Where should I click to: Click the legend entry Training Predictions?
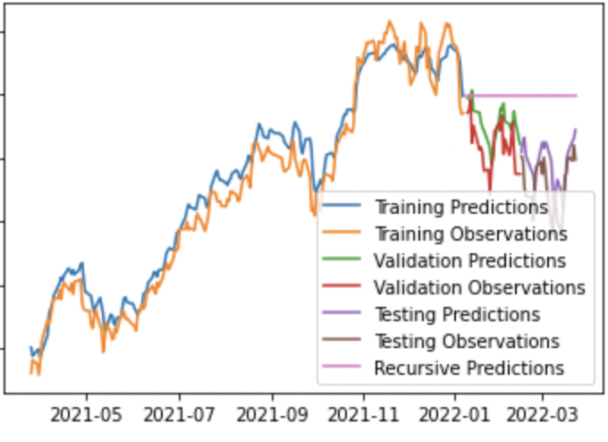pyautogui.click(x=460, y=208)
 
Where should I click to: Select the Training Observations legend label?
pyautogui.click(x=470, y=234)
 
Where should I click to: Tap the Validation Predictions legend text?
pyautogui.click(x=469, y=261)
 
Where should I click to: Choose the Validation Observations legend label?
pyautogui.click(x=479, y=288)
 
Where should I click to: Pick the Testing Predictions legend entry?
pyautogui.click(x=457, y=315)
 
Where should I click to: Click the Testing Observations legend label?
pyautogui.click(x=467, y=342)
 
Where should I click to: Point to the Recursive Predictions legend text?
pyautogui.click(x=469, y=369)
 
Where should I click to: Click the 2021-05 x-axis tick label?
pyautogui.click(x=87, y=416)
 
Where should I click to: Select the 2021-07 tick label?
pyautogui.click(x=179, y=416)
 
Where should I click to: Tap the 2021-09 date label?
pyautogui.click(x=272, y=416)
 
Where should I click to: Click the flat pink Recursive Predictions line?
pyautogui.click(x=528, y=95)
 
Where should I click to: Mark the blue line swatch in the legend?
pyautogui.click(x=344, y=206)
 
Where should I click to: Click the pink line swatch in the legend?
pyautogui.click(x=344, y=367)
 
